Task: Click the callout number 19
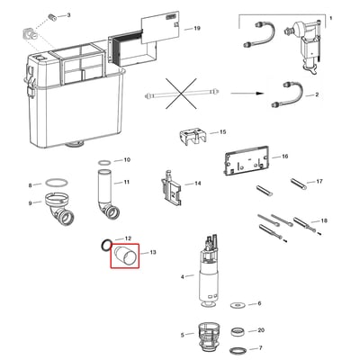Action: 197,28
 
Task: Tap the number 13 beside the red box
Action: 153,252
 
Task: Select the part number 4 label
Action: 183,276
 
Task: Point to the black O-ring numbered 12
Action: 106,246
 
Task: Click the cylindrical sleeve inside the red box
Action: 125,256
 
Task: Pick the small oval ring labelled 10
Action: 104,163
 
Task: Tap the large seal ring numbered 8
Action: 57,183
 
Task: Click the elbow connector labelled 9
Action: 59,208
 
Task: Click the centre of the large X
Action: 181,94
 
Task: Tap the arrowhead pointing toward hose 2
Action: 260,94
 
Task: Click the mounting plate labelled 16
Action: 247,159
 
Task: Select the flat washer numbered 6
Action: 238,305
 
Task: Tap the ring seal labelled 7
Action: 239,350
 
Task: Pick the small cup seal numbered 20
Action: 239,332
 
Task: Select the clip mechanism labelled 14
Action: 171,188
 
